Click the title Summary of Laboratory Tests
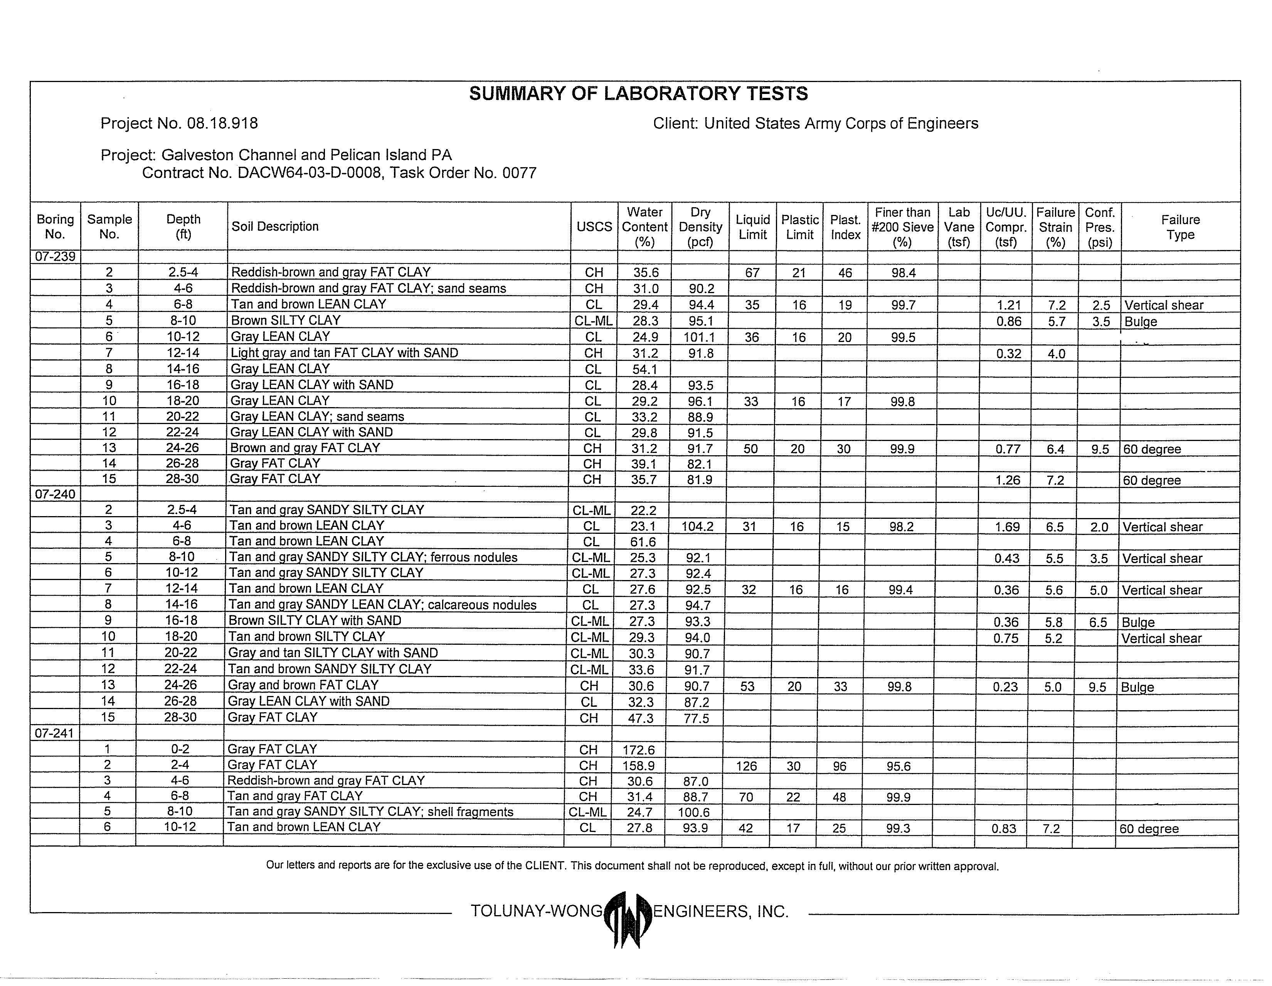[638, 94]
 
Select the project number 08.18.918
[222, 123]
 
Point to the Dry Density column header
[700, 227]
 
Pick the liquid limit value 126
[746, 766]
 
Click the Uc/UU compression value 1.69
[1007, 527]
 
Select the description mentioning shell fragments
[370, 812]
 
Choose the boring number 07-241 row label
[54, 733]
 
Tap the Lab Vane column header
[959, 227]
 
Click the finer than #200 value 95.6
[898, 766]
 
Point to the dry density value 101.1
[700, 337]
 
